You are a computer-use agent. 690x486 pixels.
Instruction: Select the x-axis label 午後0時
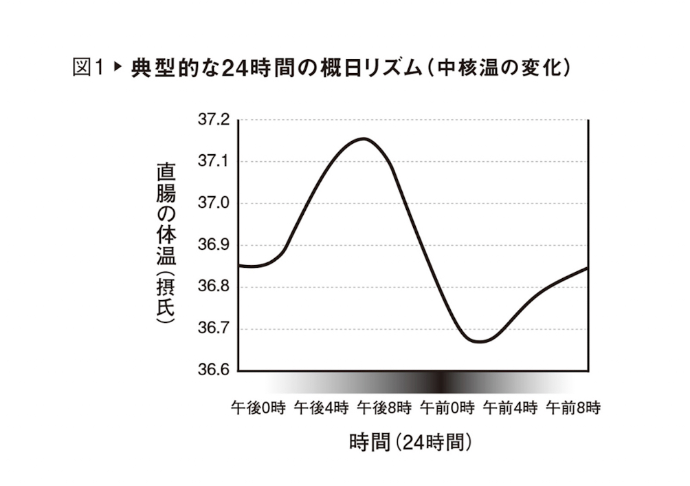coord(258,408)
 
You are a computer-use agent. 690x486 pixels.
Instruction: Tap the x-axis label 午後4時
coord(321,408)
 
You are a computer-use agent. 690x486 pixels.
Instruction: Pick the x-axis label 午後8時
coord(384,408)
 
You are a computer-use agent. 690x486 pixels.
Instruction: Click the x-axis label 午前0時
coord(447,408)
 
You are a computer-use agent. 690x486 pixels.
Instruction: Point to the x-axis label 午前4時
coord(510,408)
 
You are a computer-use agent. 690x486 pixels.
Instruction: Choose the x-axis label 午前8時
coord(573,408)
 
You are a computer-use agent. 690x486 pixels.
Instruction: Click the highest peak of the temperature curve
coord(364,138)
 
